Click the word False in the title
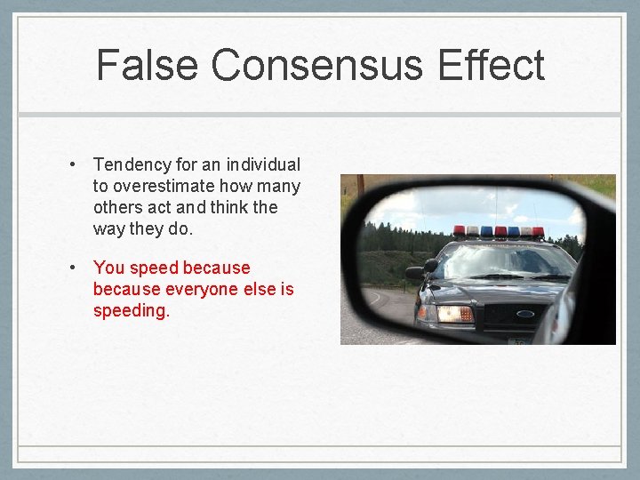click(148, 66)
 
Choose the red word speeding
click(131, 311)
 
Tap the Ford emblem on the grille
click(524, 313)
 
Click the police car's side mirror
click(416, 273)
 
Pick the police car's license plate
click(516, 340)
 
